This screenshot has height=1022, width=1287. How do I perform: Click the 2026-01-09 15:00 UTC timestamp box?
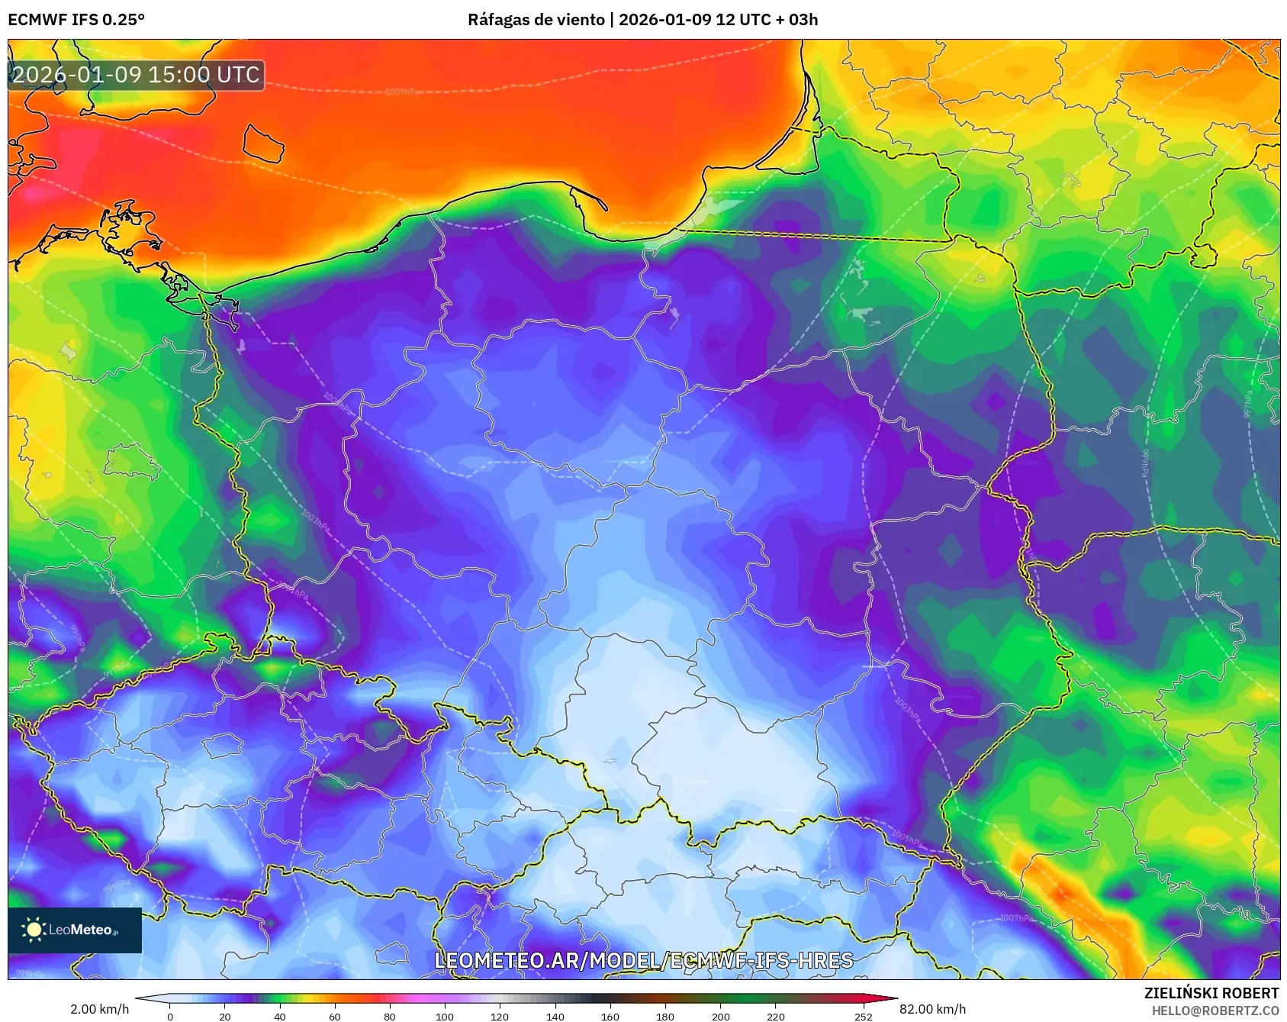(136, 75)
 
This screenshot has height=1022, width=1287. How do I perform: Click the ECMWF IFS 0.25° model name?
(76, 20)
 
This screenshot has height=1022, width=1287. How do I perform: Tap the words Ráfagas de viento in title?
(536, 20)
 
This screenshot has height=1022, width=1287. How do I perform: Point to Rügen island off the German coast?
(126, 229)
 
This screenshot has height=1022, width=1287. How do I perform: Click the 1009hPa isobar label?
(401, 92)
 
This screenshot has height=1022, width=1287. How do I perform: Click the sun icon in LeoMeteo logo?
(34, 929)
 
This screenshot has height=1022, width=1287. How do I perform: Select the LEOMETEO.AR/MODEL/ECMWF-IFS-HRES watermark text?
(643, 960)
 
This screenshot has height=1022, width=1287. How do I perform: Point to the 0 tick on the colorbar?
(170, 1016)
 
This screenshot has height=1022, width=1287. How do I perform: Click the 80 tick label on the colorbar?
(390, 1016)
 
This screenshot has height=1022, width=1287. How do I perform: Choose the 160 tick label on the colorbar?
(610, 1016)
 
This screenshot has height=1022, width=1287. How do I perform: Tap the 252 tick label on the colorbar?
(863, 1016)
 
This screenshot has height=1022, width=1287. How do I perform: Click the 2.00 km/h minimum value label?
(100, 1009)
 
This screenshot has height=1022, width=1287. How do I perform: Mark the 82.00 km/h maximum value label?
(932, 1009)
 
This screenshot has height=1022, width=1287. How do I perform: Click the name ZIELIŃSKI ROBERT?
(1211, 993)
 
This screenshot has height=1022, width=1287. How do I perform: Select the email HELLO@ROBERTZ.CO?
(1215, 1011)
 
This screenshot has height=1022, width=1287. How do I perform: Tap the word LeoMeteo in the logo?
(80, 930)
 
